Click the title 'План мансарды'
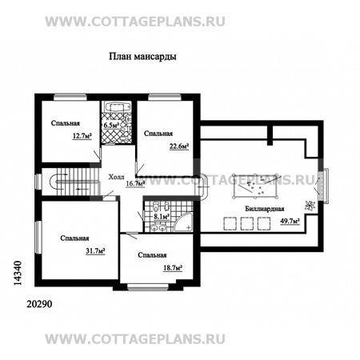tap(142, 57)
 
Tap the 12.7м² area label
tap(82, 136)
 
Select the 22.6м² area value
tap(179, 146)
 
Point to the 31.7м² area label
tap(95, 251)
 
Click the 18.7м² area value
tap(173, 268)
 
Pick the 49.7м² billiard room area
tap(290, 221)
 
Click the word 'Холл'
tap(116, 177)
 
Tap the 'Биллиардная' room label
tap(265, 209)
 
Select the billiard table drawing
tap(255, 186)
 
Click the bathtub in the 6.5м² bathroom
tap(118, 107)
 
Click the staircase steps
tap(75, 182)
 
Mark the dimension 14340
tap(18, 273)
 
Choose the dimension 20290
tap(39, 304)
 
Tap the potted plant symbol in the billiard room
tap(310, 206)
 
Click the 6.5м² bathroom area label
tap(111, 125)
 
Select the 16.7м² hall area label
tap(135, 183)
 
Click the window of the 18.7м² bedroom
tap(148, 287)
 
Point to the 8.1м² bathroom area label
tap(162, 217)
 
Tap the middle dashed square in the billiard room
tap(247, 223)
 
